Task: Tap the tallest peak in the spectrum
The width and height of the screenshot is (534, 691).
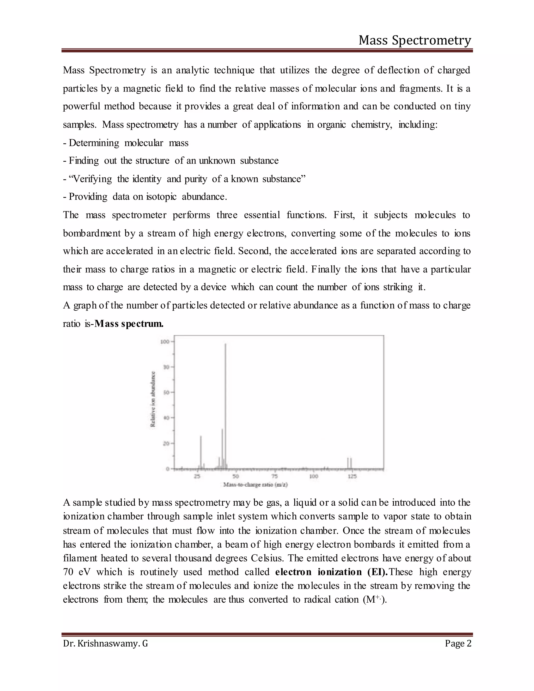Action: (x=226, y=405)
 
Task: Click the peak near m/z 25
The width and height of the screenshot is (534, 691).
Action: (x=201, y=452)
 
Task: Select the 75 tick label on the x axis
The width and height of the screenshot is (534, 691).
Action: (x=275, y=476)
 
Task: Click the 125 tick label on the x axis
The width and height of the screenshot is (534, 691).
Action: (x=352, y=476)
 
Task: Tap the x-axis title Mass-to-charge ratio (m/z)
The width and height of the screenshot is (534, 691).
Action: (x=255, y=485)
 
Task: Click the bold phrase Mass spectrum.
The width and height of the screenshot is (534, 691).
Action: (x=129, y=324)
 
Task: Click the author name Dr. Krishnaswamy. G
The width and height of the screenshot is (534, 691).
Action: (x=105, y=644)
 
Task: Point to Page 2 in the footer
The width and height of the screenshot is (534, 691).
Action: (x=458, y=644)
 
